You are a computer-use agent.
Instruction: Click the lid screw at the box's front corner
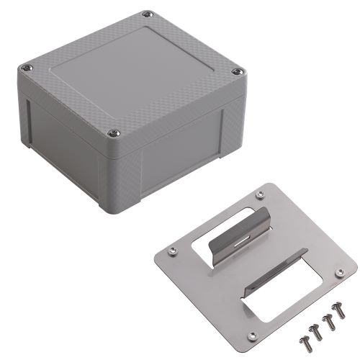[x=113, y=132]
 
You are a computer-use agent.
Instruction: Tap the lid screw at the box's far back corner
[x=148, y=14]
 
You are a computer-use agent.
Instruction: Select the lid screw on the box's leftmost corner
[x=27, y=67]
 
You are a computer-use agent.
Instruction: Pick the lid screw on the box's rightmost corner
[x=238, y=71]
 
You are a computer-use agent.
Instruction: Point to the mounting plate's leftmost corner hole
[x=172, y=251]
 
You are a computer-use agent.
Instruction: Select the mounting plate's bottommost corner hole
[x=251, y=336]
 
